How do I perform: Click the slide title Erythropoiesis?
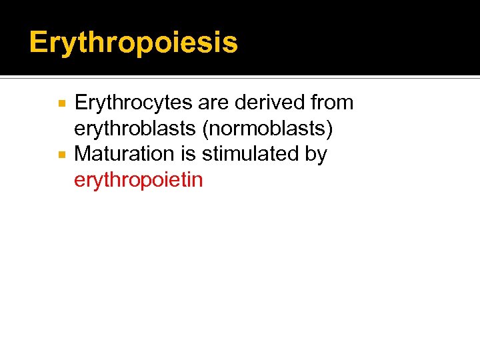pyautogui.click(x=133, y=43)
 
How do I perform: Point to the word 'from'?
pyautogui.click(x=332, y=103)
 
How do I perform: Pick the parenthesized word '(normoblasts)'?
pyautogui.click(x=267, y=129)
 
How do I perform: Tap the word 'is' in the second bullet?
pyautogui.click(x=193, y=154)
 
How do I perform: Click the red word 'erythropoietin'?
pyautogui.click(x=138, y=180)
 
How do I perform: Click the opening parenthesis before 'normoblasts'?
pyautogui.click(x=205, y=129)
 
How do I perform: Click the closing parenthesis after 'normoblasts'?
pyautogui.click(x=329, y=129)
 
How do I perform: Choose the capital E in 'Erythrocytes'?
pyautogui.click(x=81, y=103)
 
